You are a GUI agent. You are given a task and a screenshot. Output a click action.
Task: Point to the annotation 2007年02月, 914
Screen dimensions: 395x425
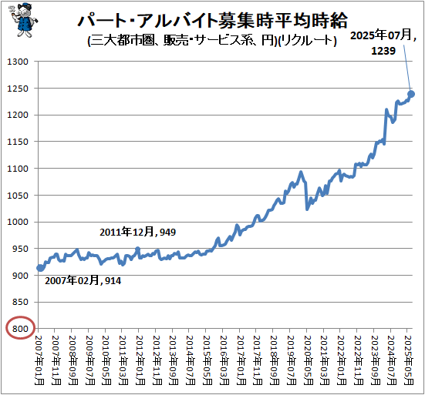coord(83,281)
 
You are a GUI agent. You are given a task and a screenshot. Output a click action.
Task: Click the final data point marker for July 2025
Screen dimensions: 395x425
coord(411,94)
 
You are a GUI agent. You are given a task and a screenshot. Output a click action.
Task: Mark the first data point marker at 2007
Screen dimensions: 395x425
coord(40,268)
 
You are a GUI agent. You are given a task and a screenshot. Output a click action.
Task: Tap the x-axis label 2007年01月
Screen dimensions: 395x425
coord(40,359)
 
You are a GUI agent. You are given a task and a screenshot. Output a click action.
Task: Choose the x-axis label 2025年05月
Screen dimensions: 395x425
coord(410,359)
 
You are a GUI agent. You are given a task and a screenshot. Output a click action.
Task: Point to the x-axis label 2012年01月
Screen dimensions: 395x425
coord(140,359)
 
